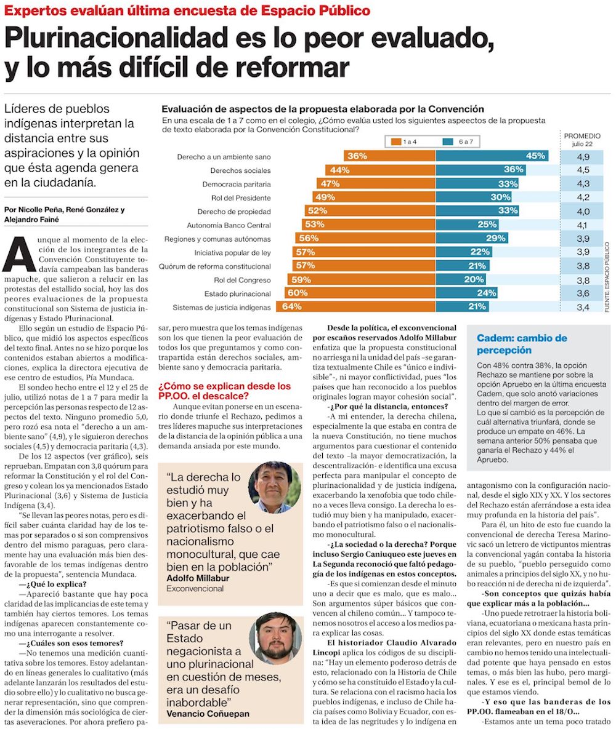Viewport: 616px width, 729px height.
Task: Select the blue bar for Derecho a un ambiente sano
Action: coord(493,156)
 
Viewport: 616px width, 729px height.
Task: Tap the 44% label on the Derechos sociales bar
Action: coord(340,170)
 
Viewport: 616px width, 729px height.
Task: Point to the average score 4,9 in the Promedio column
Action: coord(583,157)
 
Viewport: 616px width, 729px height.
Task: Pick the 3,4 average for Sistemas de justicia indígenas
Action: coord(583,306)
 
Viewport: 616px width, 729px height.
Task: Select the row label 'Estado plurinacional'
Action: coord(237,293)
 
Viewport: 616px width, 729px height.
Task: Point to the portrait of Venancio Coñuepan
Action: coord(275,639)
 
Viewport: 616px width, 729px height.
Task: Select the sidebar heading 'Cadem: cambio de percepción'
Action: coord(521,344)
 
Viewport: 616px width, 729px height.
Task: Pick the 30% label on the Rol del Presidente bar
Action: coord(501,197)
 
